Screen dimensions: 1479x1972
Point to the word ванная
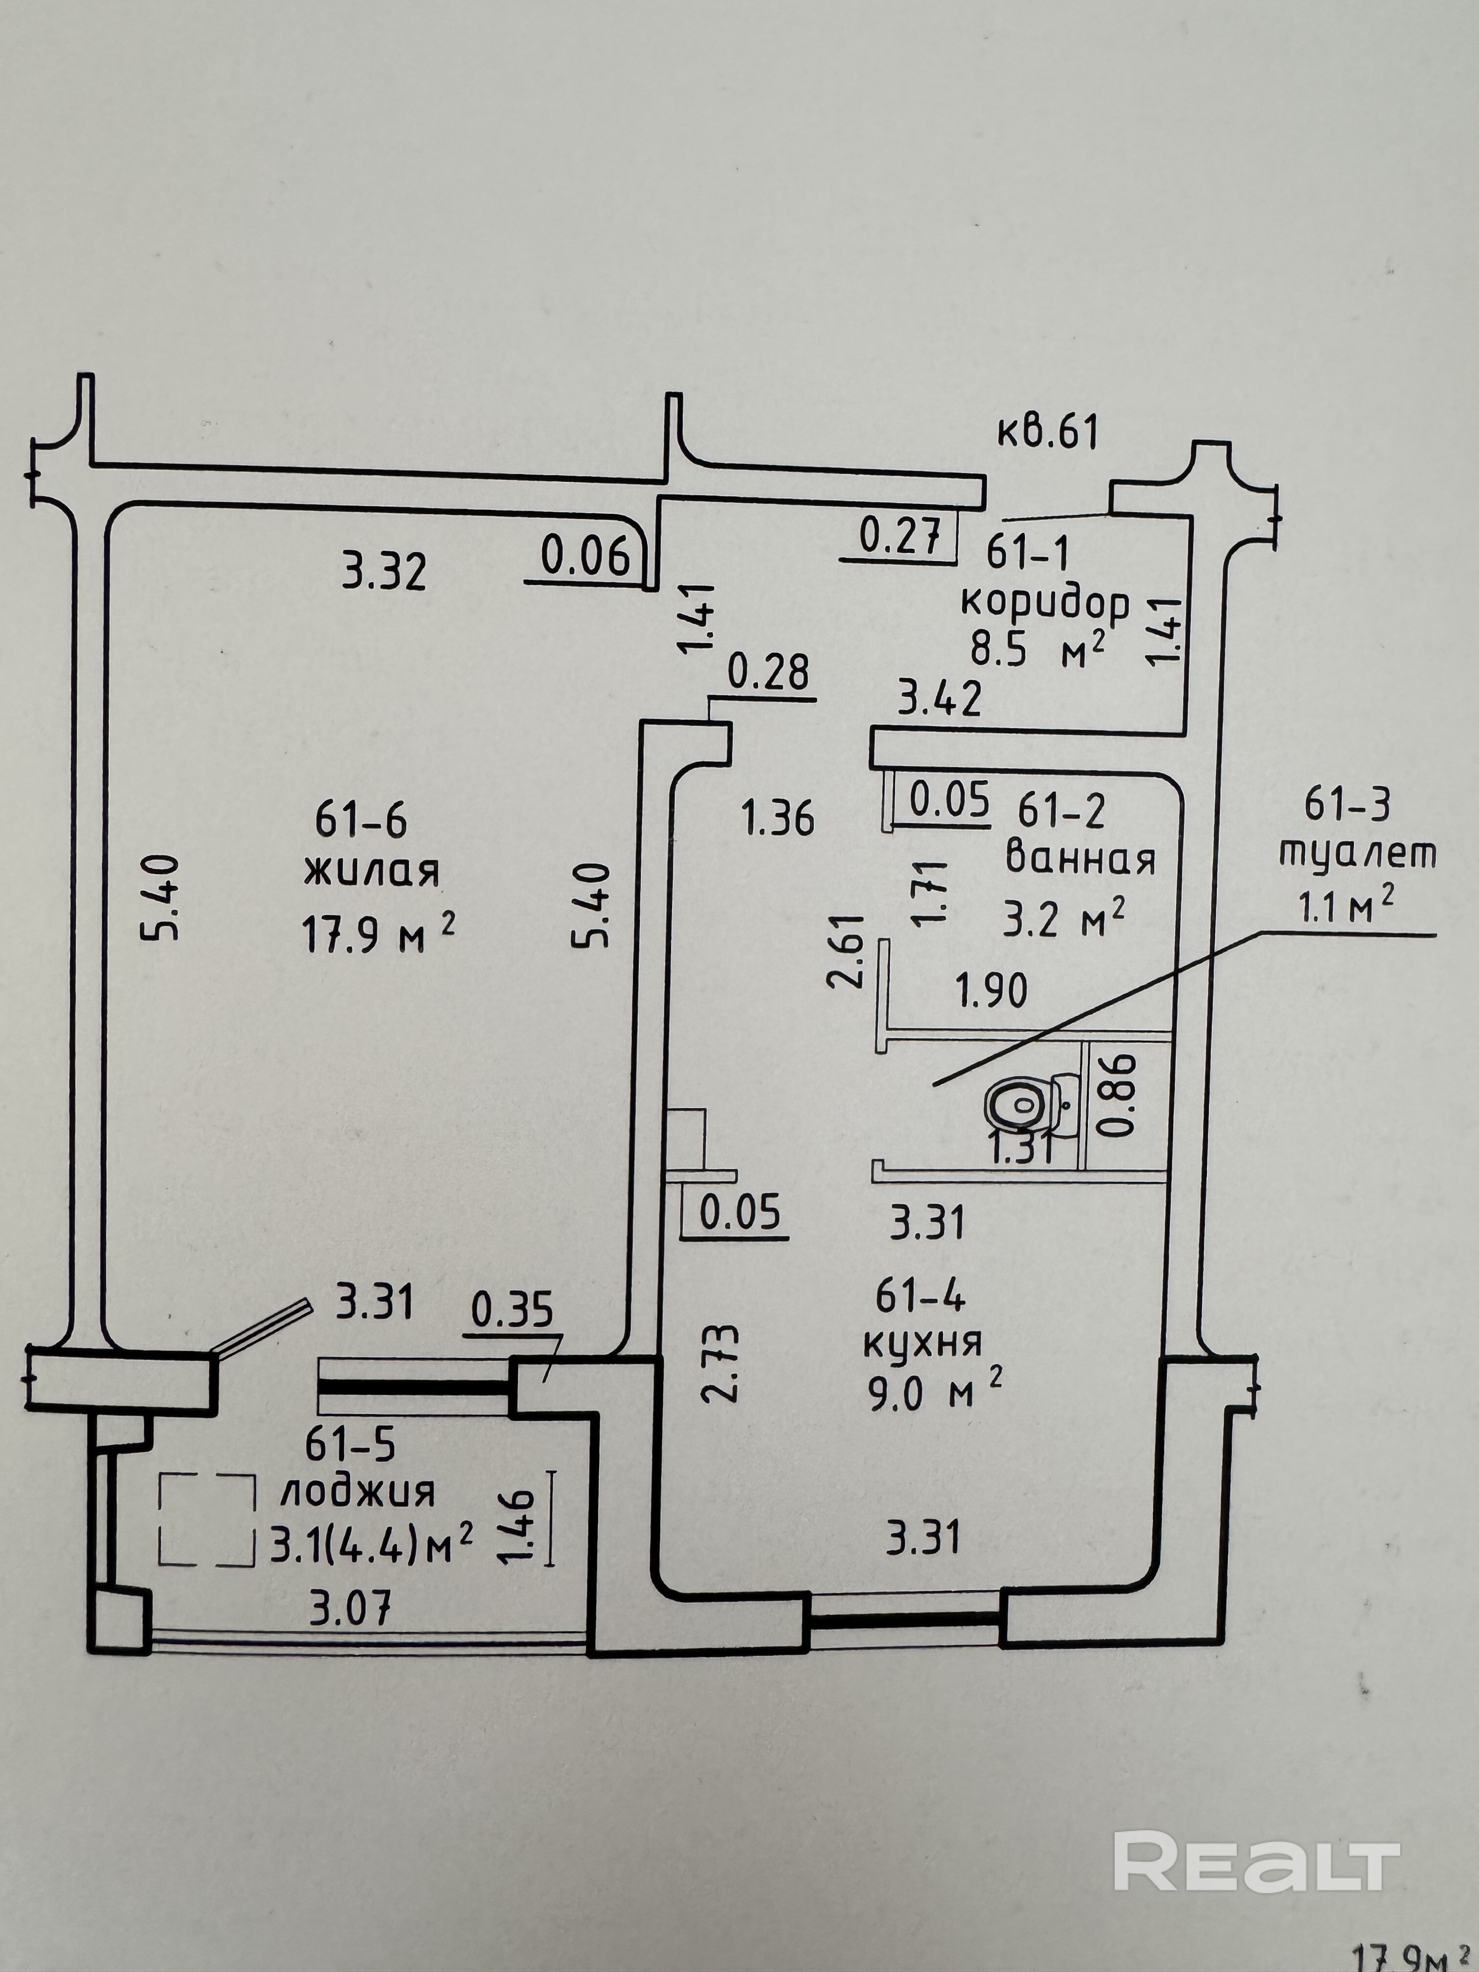(x=1080, y=859)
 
